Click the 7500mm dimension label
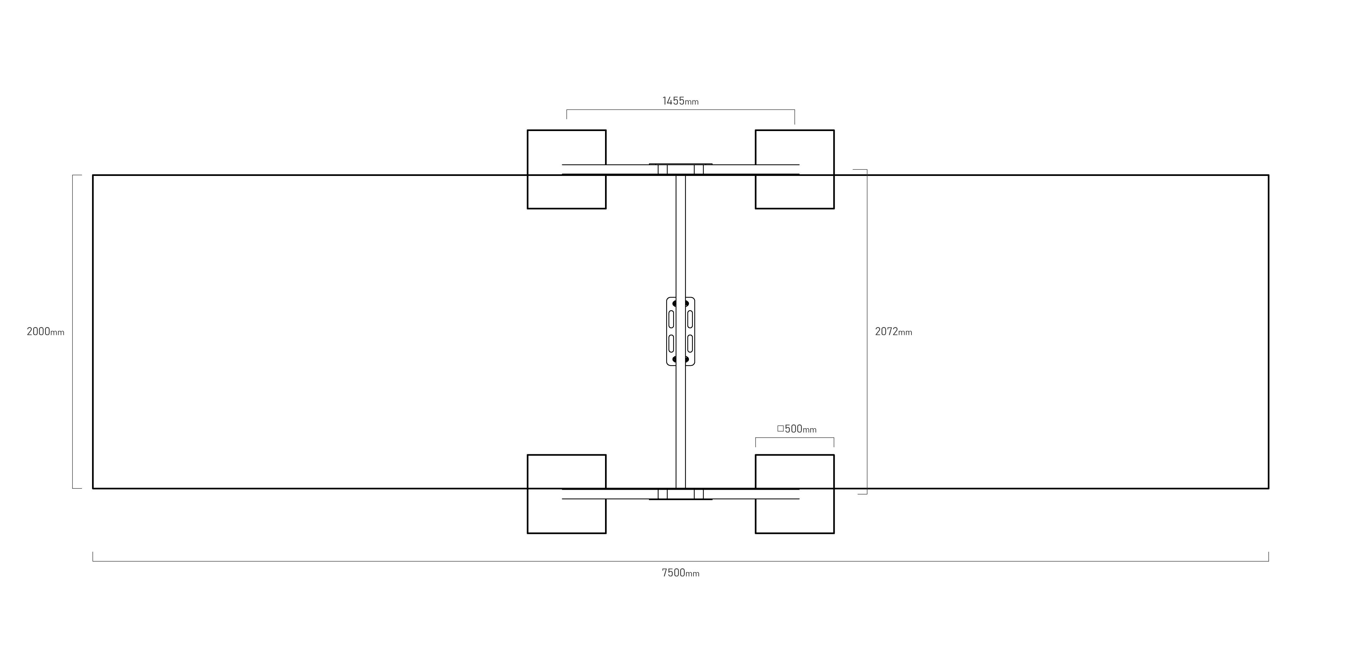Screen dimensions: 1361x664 [x=680, y=573]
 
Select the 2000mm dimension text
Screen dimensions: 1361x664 [x=46, y=332]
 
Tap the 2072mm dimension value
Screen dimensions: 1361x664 [x=894, y=332]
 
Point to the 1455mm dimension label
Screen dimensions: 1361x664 [x=680, y=101]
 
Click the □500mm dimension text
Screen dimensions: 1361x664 [x=797, y=429]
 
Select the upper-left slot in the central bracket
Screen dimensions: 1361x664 [x=671, y=319]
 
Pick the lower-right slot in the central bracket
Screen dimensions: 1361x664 [x=690, y=343]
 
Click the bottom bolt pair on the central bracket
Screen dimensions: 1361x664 [x=680, y=359]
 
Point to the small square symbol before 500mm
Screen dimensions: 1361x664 [x=780, y=428]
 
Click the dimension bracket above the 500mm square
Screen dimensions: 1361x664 [x=795, y=438]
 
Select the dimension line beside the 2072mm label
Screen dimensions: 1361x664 [x=867, y=332]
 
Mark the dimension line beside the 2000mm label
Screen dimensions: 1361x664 [x=73, y=332]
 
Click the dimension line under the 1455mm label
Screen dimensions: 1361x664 [x=680, y=110]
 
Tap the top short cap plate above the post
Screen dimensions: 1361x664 [x=680, y=164]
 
